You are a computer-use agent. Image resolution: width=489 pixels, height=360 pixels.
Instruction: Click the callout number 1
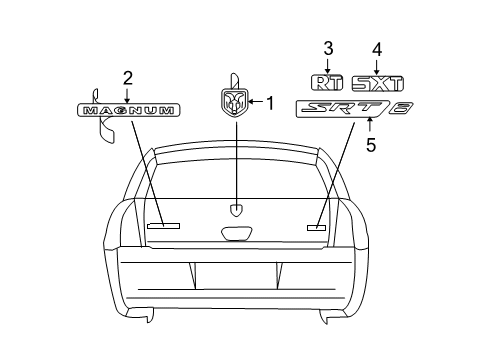pyautogui.click(x=268, y=101)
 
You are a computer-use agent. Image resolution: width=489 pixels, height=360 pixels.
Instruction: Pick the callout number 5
pyautogui.click(x=370, y=145)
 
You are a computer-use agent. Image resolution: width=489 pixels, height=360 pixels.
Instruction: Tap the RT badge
pyautogui.click(x=327, y=84)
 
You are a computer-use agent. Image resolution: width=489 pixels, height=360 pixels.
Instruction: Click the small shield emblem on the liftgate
pyautogui.click(x=237, y=210)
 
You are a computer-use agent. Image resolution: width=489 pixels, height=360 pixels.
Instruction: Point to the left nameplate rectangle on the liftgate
pyautogui.click(x=162, y=227)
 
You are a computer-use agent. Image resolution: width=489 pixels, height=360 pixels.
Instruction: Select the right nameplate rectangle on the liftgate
pyautogui.click(x=317, y=227)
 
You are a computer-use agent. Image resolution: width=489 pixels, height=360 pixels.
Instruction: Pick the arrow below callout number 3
pyautogui.click(x=327, y=64)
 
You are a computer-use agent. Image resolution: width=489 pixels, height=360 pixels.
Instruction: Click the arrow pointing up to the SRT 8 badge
pyautogui.click(x=370, y=126)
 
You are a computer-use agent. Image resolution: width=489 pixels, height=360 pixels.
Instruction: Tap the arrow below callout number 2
pyautogui.click(x=127, y=92)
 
